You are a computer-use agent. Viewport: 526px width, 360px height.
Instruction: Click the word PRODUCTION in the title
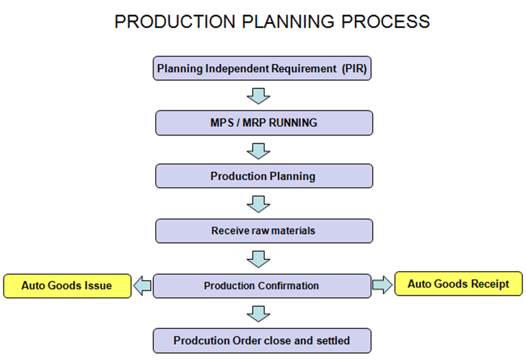click(166, 21)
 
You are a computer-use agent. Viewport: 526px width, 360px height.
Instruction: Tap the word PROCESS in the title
click(382, 21)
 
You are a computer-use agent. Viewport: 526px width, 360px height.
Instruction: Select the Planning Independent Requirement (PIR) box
click(263, 68)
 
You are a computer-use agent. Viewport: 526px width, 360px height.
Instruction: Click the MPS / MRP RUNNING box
click(263, 123)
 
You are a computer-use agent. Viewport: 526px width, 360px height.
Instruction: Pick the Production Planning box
click(263, 176)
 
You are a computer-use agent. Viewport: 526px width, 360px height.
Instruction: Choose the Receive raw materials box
click(263, 231)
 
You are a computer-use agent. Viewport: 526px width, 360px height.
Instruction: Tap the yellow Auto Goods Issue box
click(67, 285)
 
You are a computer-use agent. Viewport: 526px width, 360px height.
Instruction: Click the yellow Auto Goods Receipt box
click(458, 284)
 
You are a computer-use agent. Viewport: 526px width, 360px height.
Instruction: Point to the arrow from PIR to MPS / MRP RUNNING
click(259, 95)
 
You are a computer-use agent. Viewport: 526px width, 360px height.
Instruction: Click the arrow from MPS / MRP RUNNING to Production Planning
click(259, 149)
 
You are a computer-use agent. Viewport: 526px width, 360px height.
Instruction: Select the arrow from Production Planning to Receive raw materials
click(259, 203)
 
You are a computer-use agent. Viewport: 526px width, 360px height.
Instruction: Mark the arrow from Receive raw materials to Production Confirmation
click(259, 258)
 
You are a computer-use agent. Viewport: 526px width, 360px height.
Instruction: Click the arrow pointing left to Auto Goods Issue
click(142, 285)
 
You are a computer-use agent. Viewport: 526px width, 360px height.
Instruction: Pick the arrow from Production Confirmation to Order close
click(259, 313)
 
